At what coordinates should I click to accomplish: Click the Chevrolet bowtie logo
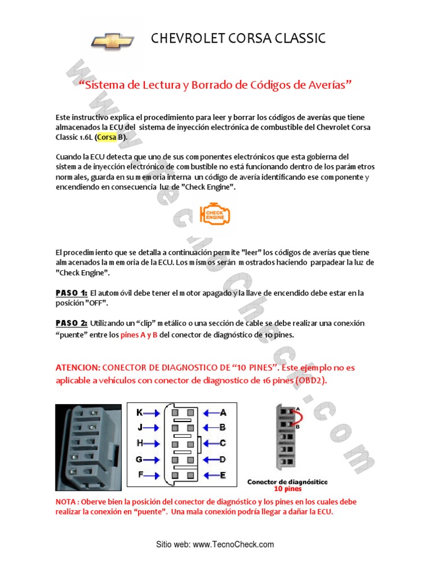pyautogui.click(x=112, y=41)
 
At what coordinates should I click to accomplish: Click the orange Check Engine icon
pyautogui.click(x=215, y=214)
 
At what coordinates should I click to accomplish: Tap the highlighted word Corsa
pyautogui.click(x=107, y=137)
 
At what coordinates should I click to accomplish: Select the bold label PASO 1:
pyautogui.click(x=71, y=293)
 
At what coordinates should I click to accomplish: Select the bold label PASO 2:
pyautogui.click(x=71, y=323)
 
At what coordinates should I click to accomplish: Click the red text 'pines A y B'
pyautogui.click(x=139, y=335)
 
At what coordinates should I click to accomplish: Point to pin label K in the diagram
pyautogui.click(x=139, y=413)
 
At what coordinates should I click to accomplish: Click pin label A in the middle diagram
pyautogui.click(x=223, y=413)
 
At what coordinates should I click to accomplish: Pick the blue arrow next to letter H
pyautogui.click(x=152, y=444)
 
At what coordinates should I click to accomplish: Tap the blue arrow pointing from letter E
pyautogui.click(x=212, y=475)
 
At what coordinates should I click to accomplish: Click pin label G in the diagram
pyautogui.click(x=139, y=459)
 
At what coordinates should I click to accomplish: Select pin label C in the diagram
pyautogui.click(x=223, y=443)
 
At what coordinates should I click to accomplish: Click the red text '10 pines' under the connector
pyautogui.click(x=288, y=489)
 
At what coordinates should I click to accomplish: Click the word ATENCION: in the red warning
pyautogui.click(x=77, y=368)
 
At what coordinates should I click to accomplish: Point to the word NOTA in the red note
pyautogui.click(x=66, y=502)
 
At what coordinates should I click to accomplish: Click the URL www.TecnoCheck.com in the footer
pyautogui.click(x=233, y=544)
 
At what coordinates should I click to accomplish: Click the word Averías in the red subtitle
pyautogui.click(x=327, y=85)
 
